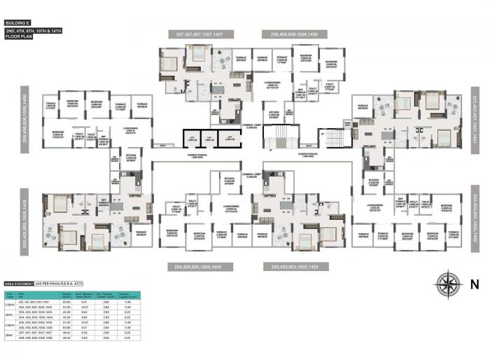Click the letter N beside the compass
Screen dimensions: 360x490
pyautogui.click(x=474, y=285)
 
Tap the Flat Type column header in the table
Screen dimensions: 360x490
pyautogui.click(x=10, y=295)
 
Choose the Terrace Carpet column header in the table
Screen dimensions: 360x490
pyautogui.click(x=128, y=295)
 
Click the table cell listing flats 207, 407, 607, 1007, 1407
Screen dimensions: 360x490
pyautogui.click(x=41, y=333)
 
